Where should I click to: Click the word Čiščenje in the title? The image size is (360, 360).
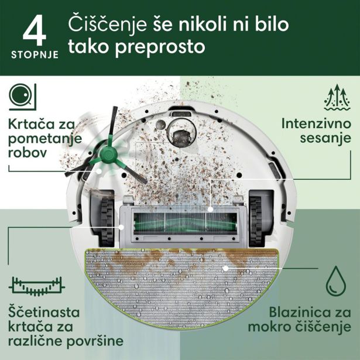click(x=109, y=25)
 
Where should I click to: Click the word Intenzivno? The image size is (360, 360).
click(x=316, y=124)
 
